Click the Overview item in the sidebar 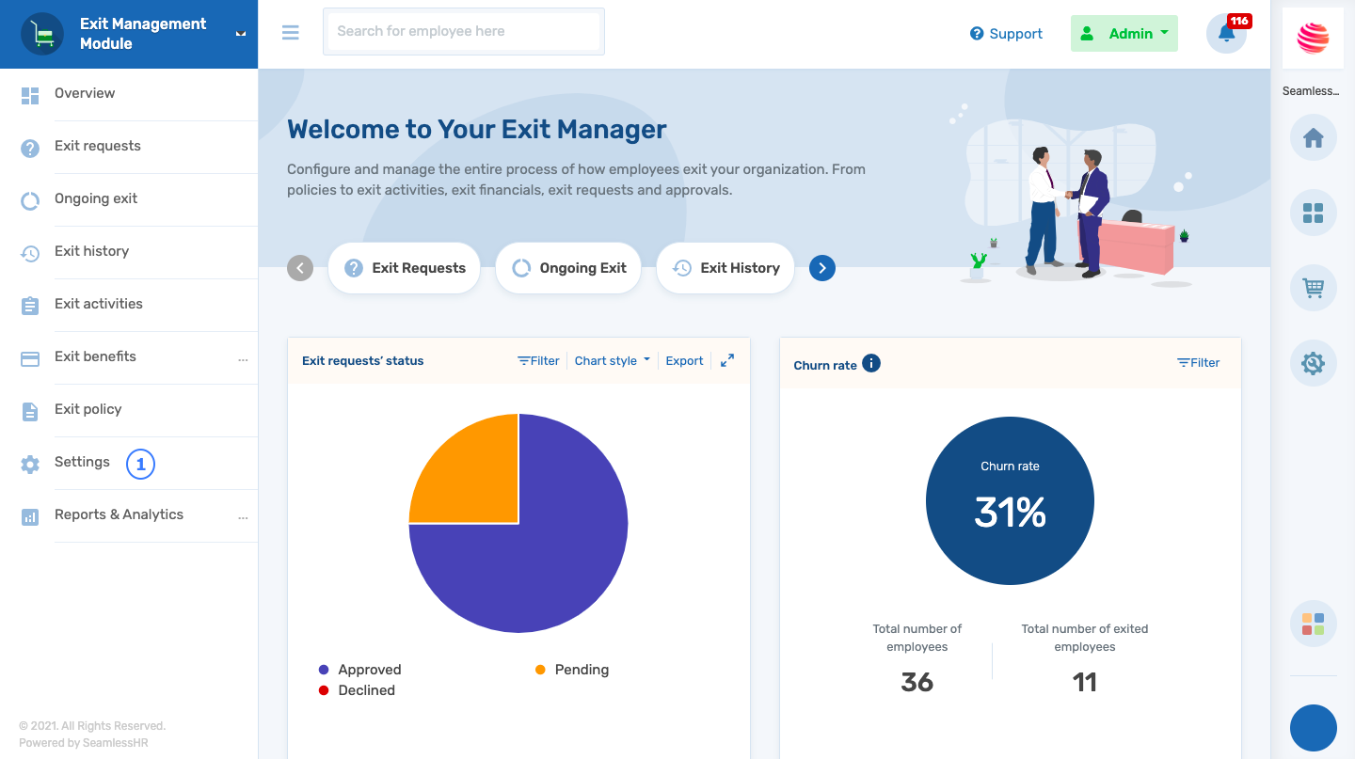[85, 94]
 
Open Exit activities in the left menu [98, 304]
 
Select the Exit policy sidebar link [88, 409]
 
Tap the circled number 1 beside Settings [140, 464]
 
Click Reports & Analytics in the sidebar [119, 514]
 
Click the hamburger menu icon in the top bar [290, 32]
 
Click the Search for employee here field [463, 32]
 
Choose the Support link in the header [1006, 34]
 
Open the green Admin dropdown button [1124, 34]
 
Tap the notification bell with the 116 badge [1226, 34]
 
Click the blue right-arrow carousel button [821, 268]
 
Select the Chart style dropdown [612, 361]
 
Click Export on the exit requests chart [684, 361]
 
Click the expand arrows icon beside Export [727, 360]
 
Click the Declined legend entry [366, 690]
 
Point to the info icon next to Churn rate [871, 363]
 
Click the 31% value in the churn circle [1010, 513]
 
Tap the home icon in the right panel [1313, 138]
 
